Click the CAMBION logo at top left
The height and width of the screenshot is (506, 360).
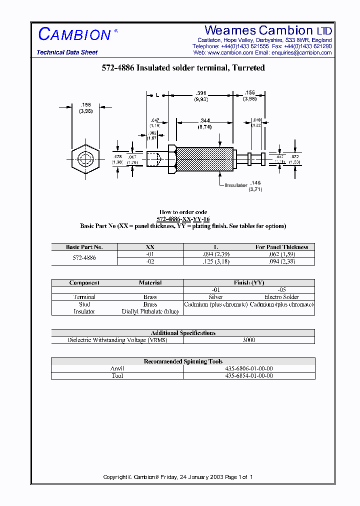click(x=75, y=34)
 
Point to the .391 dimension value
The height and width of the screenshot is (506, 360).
click(x=201, y=93)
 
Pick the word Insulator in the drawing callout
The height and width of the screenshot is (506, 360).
click(x=236, y=185)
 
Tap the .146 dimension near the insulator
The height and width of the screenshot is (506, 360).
click(x=256, y=183)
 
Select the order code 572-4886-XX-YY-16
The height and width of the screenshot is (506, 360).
click(x=183, y=219)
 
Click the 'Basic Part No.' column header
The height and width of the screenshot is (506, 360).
click(x=84, y=247)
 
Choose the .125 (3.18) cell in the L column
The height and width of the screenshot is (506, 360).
click(x=216, y=261)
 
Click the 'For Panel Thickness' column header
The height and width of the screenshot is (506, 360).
click(x=282, y=247)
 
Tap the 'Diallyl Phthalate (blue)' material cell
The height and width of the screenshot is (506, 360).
click(x=150, y=311)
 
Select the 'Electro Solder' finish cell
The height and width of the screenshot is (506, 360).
click(x=281, y=297)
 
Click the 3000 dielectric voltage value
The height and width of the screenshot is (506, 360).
click(x=248, y=340)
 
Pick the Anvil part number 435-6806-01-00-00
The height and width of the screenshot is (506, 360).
click(x=248, y=368)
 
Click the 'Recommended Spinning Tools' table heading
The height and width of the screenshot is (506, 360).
click(x=183, y=361)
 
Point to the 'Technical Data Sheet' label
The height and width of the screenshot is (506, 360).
click(x=67, y=52)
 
